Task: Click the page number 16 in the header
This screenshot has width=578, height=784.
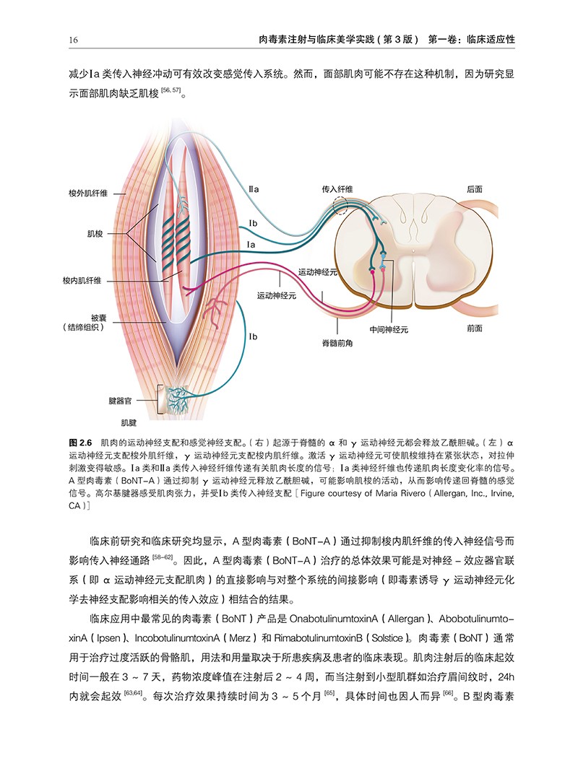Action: tap(74, 39)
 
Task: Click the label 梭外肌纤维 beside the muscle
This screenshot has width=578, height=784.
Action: tap(88, 193)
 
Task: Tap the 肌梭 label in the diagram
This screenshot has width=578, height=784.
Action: tap(95, 234)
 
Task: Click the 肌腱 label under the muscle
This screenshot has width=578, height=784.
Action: tap(129, 418)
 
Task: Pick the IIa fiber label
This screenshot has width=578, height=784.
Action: tap(254, 188)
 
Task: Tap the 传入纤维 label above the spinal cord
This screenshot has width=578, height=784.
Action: tap(337, 188)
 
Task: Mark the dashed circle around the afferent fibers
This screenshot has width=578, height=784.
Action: tap(341, 207)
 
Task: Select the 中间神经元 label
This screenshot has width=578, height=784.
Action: tap(389, 329)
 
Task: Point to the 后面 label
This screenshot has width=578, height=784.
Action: tap(475, 188)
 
